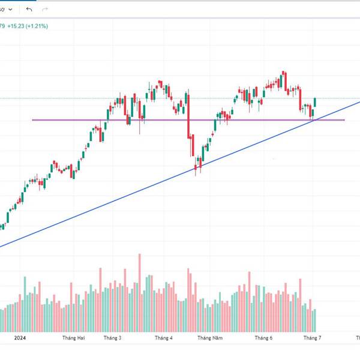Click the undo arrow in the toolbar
pyautogui.click(x=29, y=10)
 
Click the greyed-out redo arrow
pyautogui.click(x=45, y=10)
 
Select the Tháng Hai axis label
pyautogui.click(x=74, y=338)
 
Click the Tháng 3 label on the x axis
pyautogui.click(x=112, y=338)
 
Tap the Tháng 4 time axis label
pyautogui.click(x=163, y=338)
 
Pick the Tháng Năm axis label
pyautogui.click(x=211, y=338)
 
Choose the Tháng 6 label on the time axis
pyautogui.click(x=263, y=338)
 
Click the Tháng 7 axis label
pyautogui.click(x=312, y=338)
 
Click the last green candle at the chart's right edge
pyautogui.click(x=315, y=102)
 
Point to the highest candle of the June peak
pyautogui.click(x=283, y=79)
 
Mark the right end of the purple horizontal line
pyautogui.click(x=344, y=120)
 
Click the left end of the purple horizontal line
pyautogui.click(x=32, y=120)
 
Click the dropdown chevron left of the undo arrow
pyautogui.click(x=13, y=10)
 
